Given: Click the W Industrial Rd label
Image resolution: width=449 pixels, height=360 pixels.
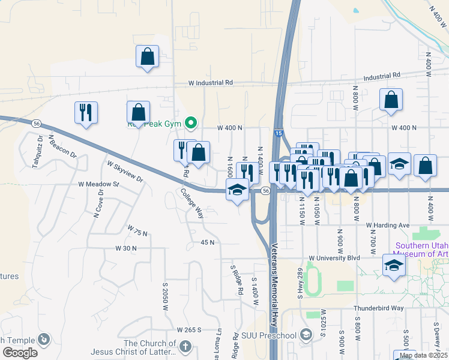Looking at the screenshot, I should click(210, 83).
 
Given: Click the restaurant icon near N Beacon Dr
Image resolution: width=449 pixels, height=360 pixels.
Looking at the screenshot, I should click(86, 112).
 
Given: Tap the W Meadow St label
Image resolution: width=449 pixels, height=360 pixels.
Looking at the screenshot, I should click(99, 184).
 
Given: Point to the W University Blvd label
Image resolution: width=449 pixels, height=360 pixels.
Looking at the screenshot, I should click(334, 258).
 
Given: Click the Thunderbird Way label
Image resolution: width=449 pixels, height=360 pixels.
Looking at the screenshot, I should click(378, 308).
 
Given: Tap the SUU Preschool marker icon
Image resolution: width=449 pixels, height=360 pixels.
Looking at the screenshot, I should click(306, 335).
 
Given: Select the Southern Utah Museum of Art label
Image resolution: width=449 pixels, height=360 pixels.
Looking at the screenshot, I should click(421, 250).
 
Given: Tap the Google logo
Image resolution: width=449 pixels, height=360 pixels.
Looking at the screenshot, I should click(20, 353).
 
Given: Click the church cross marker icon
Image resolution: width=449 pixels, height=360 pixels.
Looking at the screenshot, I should click(185, 346).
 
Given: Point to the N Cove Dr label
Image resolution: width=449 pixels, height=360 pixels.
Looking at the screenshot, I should click(96, 203).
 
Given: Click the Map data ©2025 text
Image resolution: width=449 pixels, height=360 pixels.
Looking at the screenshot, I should click(423, 355).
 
